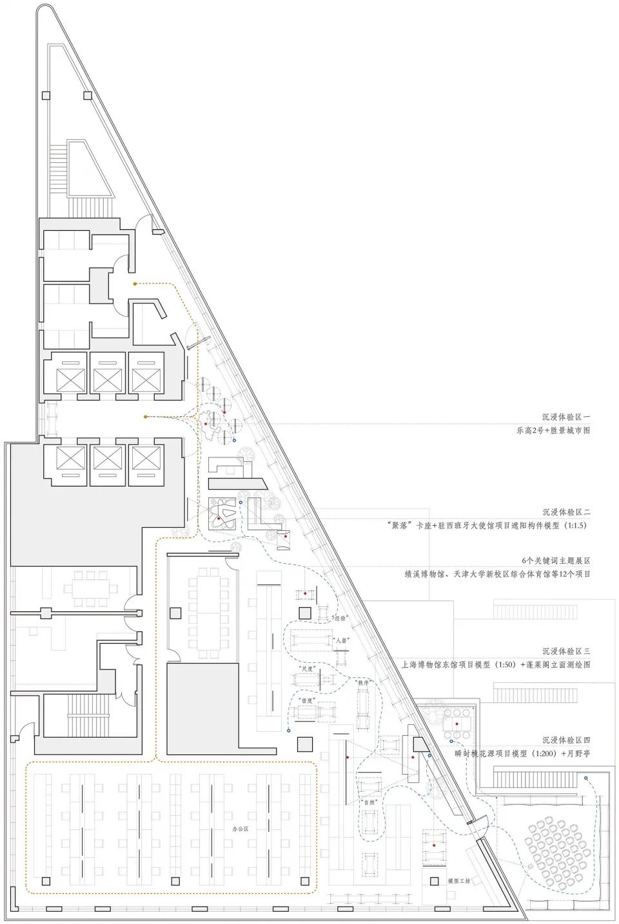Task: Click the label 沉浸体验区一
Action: [x=565, y=418]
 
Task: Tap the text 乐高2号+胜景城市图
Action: [x=553, y=430]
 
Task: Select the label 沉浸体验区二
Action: [x=565, y=512]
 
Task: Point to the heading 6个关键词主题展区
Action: [x=556, y=561]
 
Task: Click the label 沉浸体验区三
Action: [x=565, y=651]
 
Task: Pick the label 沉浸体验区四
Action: [x=565, y=740]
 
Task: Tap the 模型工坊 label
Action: [x=459, y=881]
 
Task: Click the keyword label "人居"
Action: [x=342, y=642]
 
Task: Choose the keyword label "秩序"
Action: [x=361, y=682]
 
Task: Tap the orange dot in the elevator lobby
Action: [x=146, y=417]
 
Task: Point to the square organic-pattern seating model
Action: [x=223, y=515]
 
